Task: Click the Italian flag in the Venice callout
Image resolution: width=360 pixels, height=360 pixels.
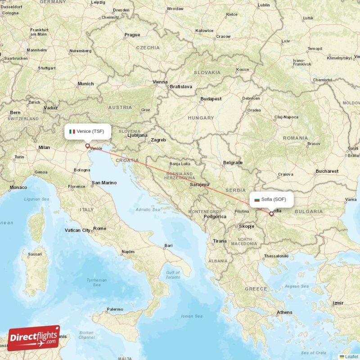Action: click(72, 131)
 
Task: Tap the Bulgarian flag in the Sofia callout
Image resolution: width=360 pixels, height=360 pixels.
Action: click(257, 199)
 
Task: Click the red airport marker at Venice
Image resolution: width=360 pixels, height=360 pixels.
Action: click(87, 146)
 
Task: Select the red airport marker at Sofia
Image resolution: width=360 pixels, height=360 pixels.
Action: click(271, 214)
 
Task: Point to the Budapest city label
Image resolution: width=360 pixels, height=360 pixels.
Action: click(211, 99)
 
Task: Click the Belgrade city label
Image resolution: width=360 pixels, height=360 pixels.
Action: click(233, 162)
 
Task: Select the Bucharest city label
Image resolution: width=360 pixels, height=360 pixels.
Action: click(327, 171)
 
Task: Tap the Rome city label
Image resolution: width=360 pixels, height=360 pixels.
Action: click(99, 229)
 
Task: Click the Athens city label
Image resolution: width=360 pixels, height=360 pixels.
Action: click(284, 312)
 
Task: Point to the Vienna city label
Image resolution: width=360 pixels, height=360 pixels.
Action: click(160, 82)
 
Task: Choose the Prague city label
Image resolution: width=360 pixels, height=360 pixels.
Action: click(132, 35)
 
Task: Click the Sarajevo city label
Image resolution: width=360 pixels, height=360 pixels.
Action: click(199, 184)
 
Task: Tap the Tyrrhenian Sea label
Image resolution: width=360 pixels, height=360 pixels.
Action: click(97, 282)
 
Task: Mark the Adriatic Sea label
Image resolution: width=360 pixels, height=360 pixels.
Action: click(148, 209)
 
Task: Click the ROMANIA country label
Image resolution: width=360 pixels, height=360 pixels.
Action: click(296, 138)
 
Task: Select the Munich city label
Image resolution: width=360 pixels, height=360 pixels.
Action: click(85, 84)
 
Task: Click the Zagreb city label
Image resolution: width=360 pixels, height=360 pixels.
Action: click(158, 140)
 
